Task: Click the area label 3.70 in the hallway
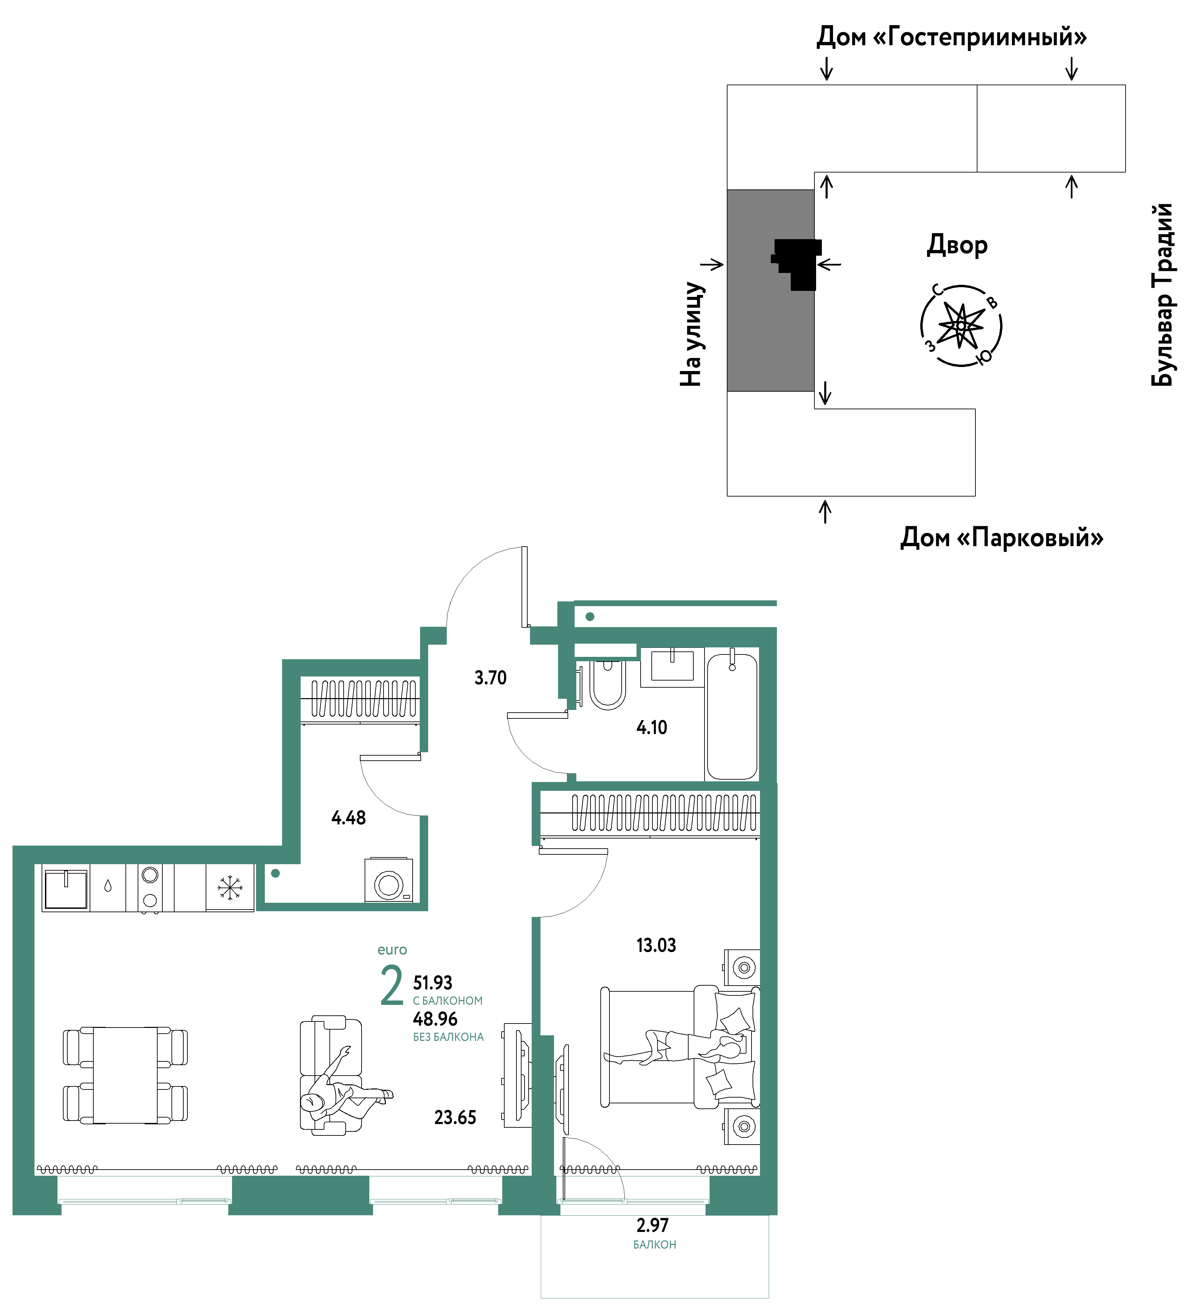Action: pos(490,677)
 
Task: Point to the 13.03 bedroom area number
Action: pos(656,945)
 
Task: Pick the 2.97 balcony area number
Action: pos(652,1225)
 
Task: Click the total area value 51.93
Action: pos(433,983)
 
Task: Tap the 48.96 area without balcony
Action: pos(435,1019)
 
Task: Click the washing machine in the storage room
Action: pos(389,880)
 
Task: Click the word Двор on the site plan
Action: pos(957,245)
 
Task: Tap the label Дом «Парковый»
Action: pos(1002,538)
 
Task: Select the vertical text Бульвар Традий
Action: pos(1163,295)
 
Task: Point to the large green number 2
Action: pos(391,986)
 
